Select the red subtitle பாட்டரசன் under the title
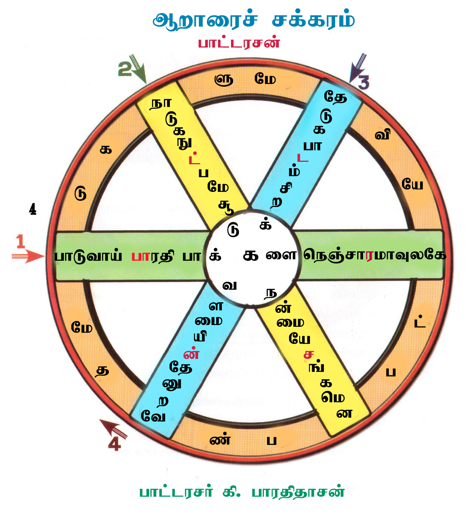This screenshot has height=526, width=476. click(x=239, y=43)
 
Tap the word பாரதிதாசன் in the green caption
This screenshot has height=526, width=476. click(x=298, y=492)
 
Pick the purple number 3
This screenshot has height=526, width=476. click(x=363, y=83)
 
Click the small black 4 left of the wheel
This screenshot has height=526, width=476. click(x=33, y=209)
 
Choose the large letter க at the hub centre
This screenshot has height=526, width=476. click(x=251, y=256)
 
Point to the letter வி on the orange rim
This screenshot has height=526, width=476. click(x=382, y=135)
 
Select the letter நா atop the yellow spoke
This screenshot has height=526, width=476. click(x=161, y=103)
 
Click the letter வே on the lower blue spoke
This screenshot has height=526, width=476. click(x=153, y=416)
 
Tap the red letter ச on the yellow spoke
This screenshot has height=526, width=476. click(x=309, y=354)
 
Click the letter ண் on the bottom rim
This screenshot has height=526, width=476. click(x=220, y=440)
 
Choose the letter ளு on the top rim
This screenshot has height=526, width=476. click(x=224, y=80)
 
